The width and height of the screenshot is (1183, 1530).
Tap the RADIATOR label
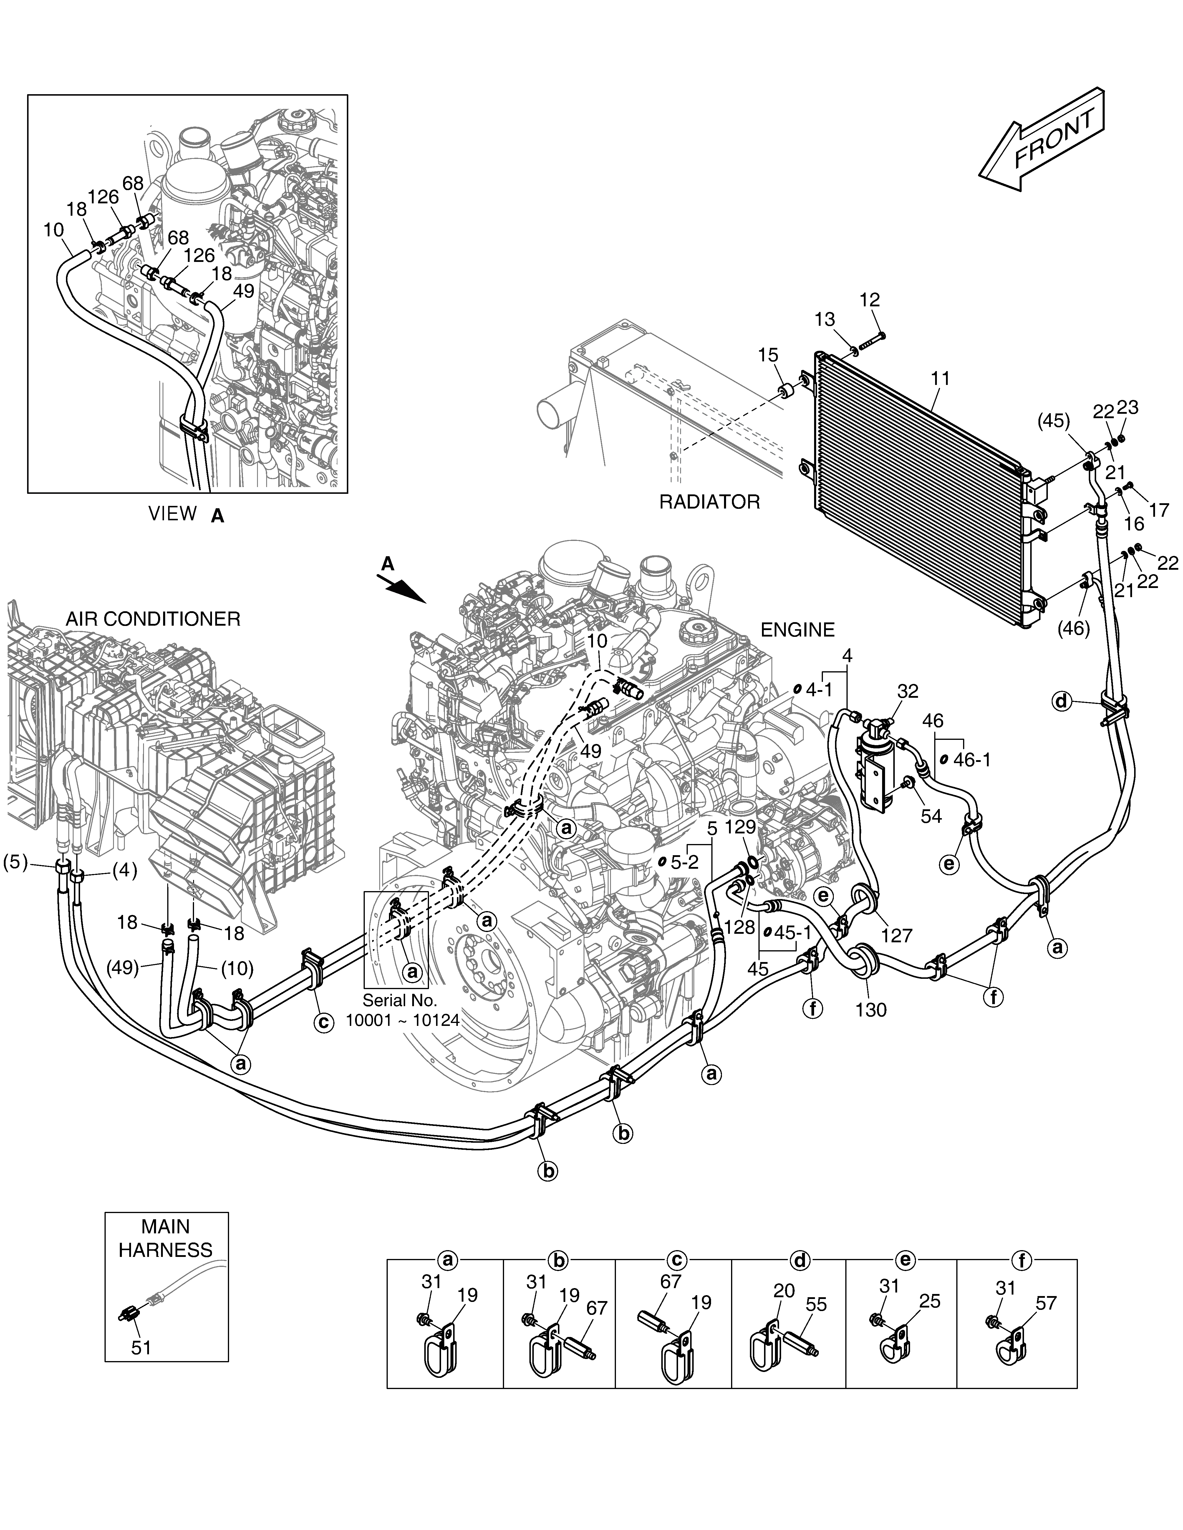(x=709, y=502)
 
